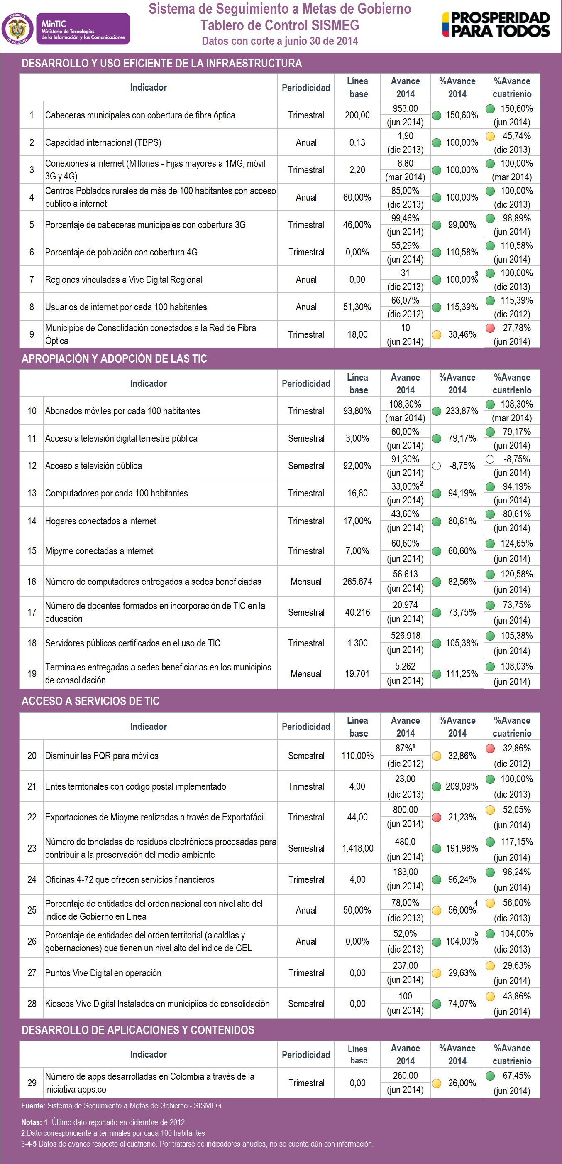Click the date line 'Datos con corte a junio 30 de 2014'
click(279, 41)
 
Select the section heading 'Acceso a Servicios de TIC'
click(90, 701)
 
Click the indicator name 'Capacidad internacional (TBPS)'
click(103, 142)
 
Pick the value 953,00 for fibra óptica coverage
click(405, 108)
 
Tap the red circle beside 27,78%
click(490, 328)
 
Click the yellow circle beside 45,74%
click(490, 136)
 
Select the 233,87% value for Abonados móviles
click(461, 411)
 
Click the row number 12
click(32, 465)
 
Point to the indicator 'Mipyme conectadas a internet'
click(99, 551)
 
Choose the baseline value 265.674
click(357, 582)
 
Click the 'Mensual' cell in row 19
click(306, 674)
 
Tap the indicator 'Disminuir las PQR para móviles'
click(102, 756)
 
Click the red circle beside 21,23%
click(437, 817)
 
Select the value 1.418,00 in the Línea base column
click(357, 848)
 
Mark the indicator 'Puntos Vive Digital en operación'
click(103, 973)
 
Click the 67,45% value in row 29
click(516, 1076)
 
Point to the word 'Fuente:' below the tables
click(33, 1105)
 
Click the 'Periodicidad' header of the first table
click(305, 88)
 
